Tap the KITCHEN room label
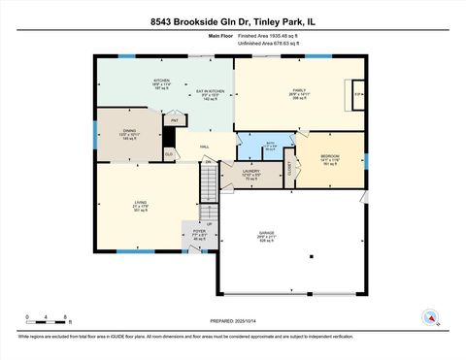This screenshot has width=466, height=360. tap(160, 81)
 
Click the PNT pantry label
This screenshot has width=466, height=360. tap(175, 120)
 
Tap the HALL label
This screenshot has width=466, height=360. tap(207, 147)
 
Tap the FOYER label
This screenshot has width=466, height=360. tap(199, 233)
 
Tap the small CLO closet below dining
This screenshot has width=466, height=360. tap(169, 153)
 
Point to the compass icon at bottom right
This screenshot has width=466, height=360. tap(427, 316)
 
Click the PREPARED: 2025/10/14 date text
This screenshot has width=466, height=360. tap(233, 321)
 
